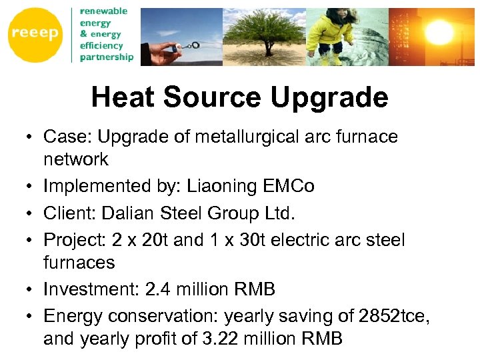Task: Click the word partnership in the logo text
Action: [x=107, y=57]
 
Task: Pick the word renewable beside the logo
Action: [x=104, y=11]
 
